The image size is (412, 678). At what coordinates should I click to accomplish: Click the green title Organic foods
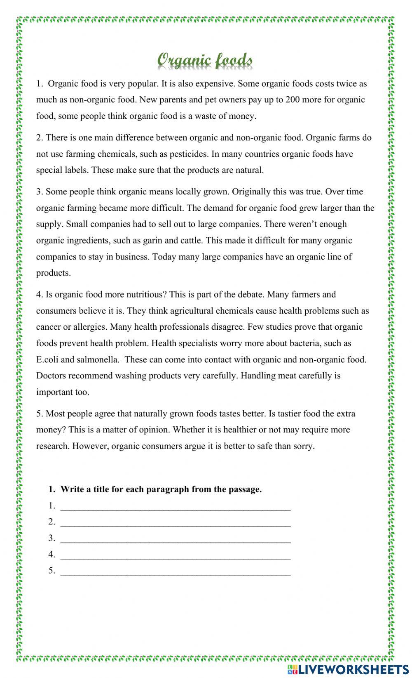(205, 60)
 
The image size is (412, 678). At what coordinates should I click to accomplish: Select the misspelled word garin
(154, 241)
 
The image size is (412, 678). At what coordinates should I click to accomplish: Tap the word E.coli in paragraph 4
(48, 359)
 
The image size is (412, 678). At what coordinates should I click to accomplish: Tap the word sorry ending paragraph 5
(303, 446)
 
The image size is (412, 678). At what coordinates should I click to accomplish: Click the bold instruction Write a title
(161, 489)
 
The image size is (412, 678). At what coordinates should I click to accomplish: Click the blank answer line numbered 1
(175, 507)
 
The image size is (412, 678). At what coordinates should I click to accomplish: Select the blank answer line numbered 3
(175, 539)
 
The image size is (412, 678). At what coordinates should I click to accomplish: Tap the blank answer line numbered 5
(175, 572)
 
